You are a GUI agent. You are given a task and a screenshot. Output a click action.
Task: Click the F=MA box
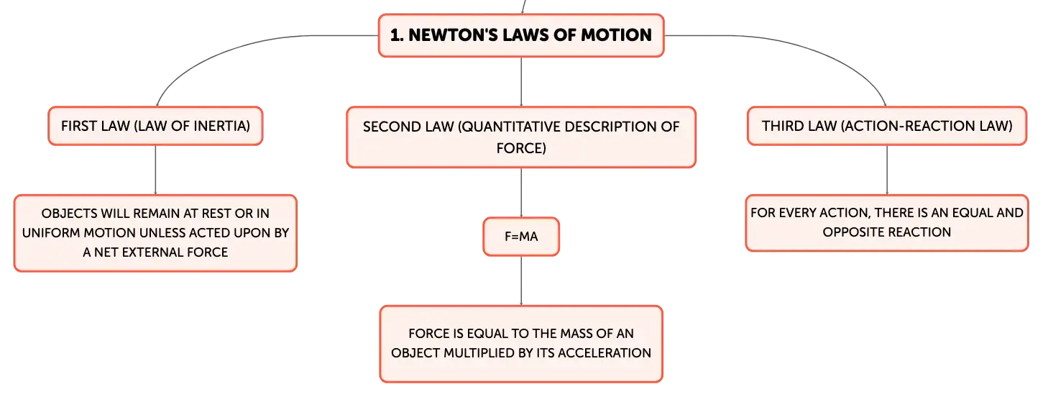521,237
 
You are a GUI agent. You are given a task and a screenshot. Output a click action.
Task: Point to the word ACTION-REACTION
908,126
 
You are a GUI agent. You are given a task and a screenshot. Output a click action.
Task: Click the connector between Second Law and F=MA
521,193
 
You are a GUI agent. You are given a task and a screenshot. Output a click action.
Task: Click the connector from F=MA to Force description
521,281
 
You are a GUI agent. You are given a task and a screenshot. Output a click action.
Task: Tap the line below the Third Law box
887,170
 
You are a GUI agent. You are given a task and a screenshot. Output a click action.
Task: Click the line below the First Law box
155,170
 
